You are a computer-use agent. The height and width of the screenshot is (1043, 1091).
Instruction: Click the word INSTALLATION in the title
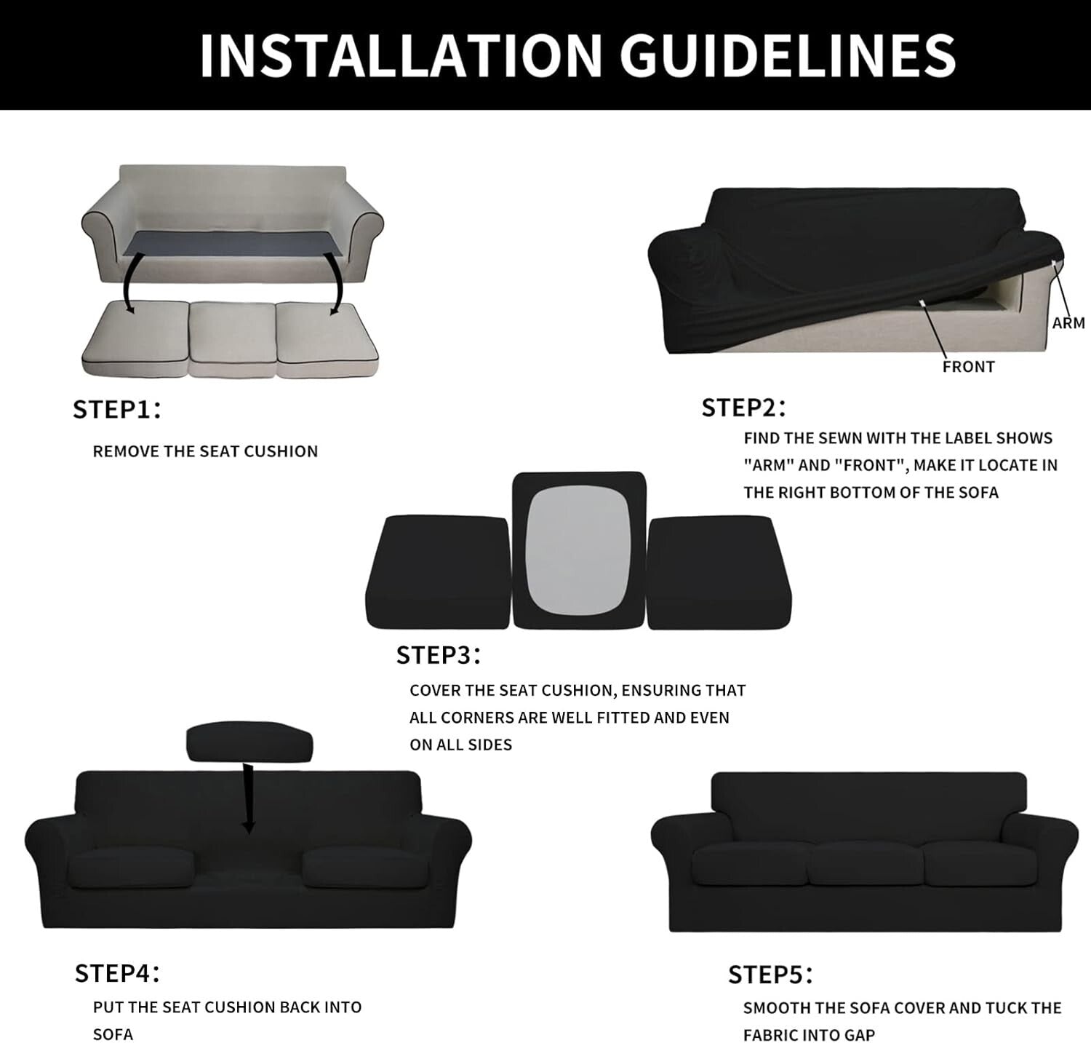point(401,55)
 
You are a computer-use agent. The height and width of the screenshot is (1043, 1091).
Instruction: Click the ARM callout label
point(1068,322)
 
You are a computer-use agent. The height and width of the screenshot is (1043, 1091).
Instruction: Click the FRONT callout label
point(968,367)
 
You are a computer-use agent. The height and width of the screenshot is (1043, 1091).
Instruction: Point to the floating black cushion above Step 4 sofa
point(249,743)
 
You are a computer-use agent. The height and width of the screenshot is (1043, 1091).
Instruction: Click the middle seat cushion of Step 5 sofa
point(866,865)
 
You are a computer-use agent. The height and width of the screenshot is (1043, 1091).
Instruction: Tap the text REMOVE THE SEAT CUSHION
point(205,451)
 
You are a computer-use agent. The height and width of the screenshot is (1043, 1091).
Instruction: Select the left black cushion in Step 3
point(437,573)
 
